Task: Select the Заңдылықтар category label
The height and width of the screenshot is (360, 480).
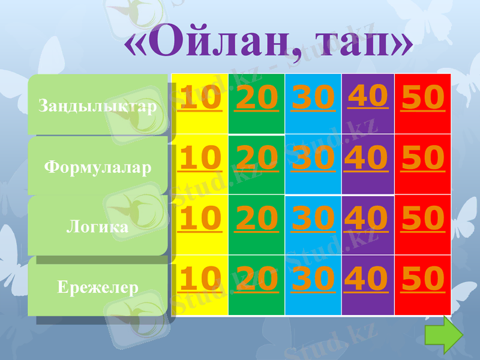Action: tap(98, 106)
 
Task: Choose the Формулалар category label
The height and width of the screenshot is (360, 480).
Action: tap(98, 166)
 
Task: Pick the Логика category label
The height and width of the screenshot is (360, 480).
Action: tap(98, 227)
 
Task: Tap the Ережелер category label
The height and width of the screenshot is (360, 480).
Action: tap(98, 287)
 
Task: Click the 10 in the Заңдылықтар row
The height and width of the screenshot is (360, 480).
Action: tap(199, 98)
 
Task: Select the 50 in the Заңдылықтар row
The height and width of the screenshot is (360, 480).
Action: tap(423, 98)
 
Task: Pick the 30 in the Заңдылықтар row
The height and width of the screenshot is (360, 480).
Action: tap(313, 98)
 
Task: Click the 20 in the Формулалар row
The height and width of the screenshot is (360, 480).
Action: tap(256, 158)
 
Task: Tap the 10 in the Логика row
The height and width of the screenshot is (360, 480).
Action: tap(199, 218)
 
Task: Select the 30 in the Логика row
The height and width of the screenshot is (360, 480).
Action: tap(313, 218)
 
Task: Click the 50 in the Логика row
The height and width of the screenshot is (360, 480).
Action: tap(423, 218)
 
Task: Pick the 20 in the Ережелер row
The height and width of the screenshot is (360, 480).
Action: tap(256, 279)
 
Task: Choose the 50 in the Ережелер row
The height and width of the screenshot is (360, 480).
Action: tap(423, 279)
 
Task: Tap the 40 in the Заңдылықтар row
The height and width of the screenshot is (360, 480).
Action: tap(368, 96)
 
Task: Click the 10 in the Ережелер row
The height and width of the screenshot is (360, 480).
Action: tap(199, 279)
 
